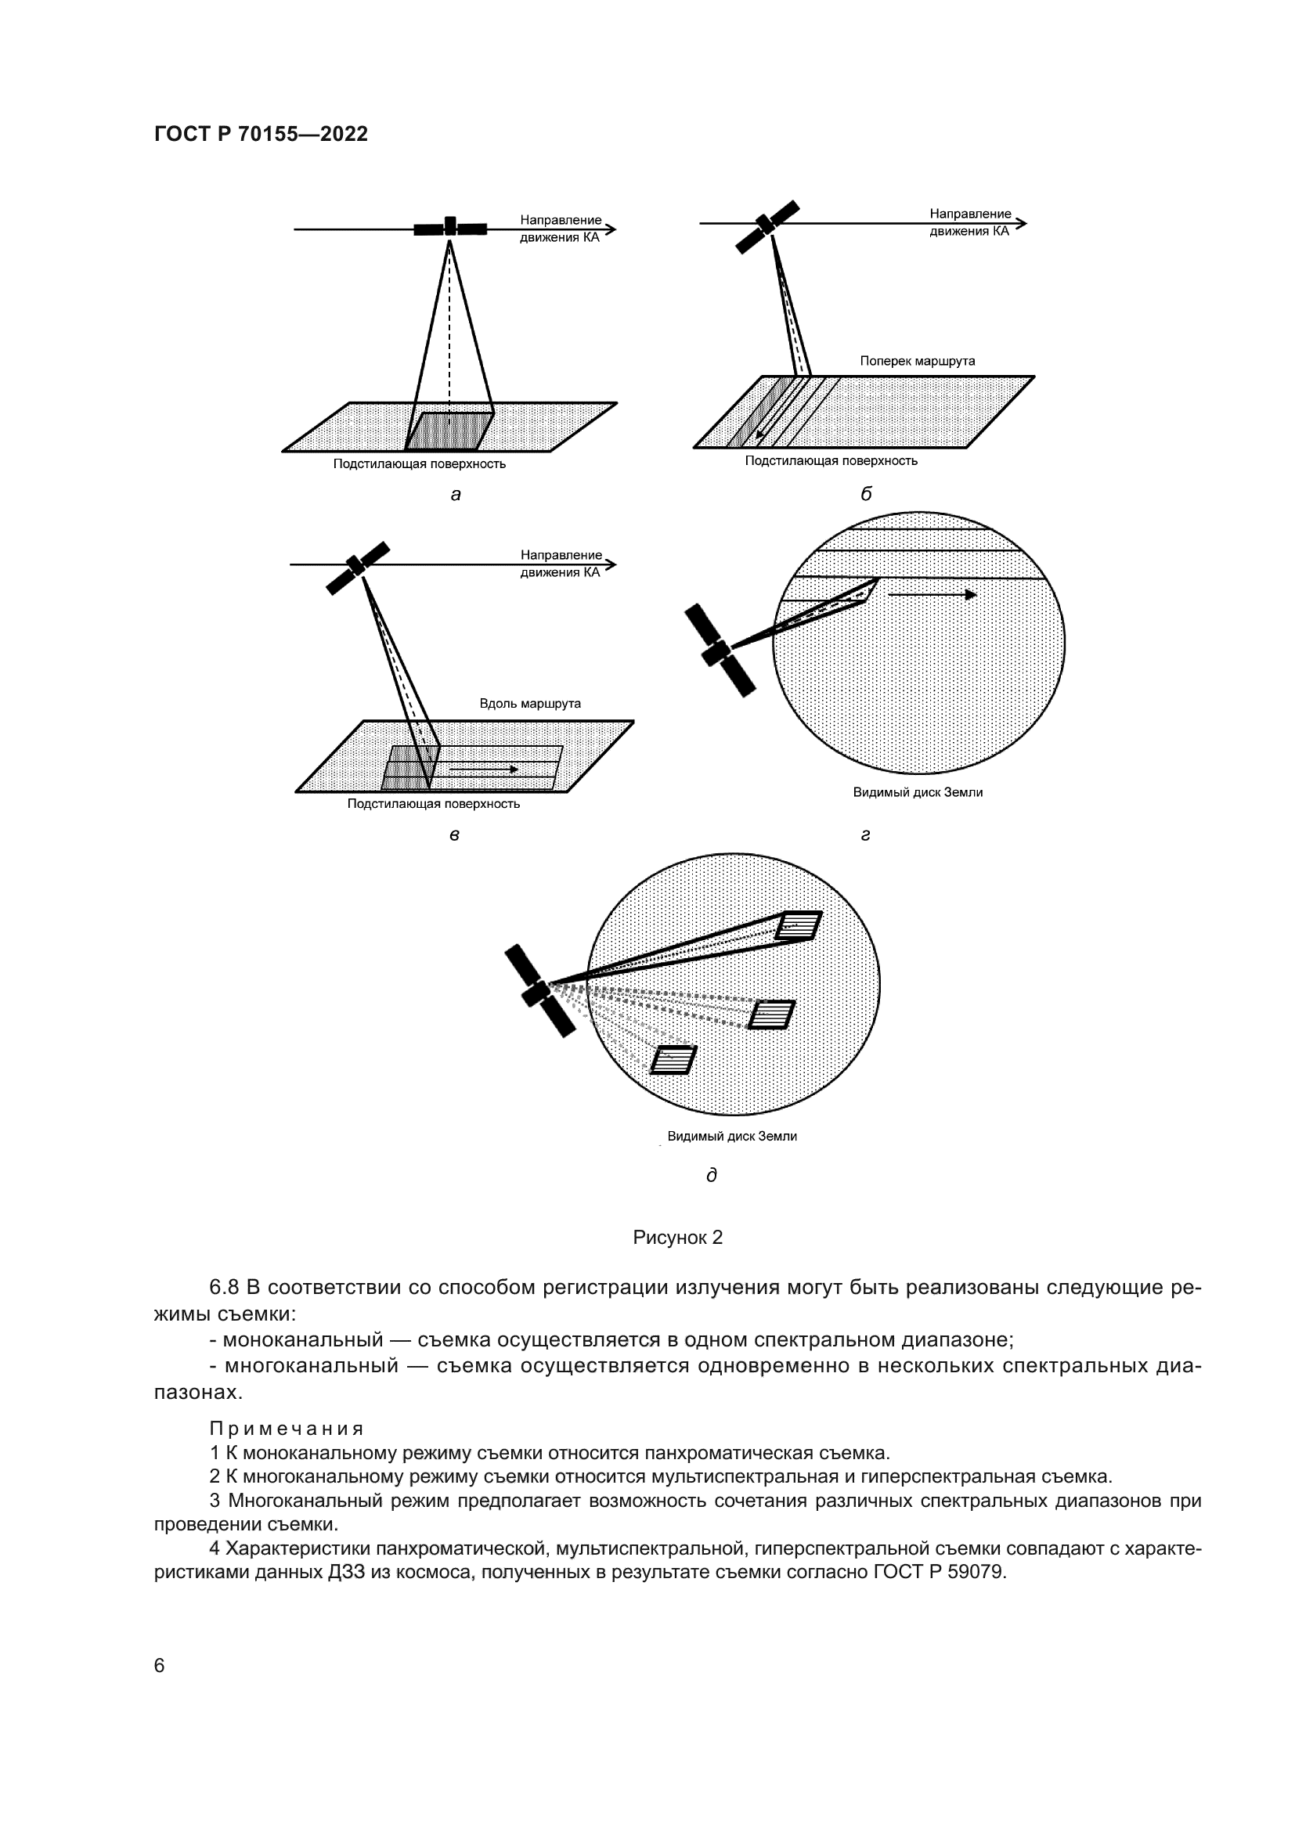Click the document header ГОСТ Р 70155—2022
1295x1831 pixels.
(261, 134)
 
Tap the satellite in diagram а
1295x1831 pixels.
(449, 227)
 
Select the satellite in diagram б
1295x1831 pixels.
(767, 226)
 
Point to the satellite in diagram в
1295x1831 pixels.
(357, 568)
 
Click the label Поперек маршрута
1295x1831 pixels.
(917, 361)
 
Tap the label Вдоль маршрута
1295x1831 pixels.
(529, 704)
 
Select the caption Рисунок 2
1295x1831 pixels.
(677, 1237)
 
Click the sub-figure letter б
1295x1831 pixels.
(866, 494)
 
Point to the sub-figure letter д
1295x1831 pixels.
(711, 1175)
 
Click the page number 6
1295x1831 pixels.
(160, 1665)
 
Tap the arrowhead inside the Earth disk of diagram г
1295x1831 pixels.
(970, 595)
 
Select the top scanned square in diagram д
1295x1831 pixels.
(799, 925)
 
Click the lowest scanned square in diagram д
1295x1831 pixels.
(673, 1060)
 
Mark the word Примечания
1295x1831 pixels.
(287, 1429)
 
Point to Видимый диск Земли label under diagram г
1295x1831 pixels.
(917, 792)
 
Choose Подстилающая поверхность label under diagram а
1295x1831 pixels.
(420, 464)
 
